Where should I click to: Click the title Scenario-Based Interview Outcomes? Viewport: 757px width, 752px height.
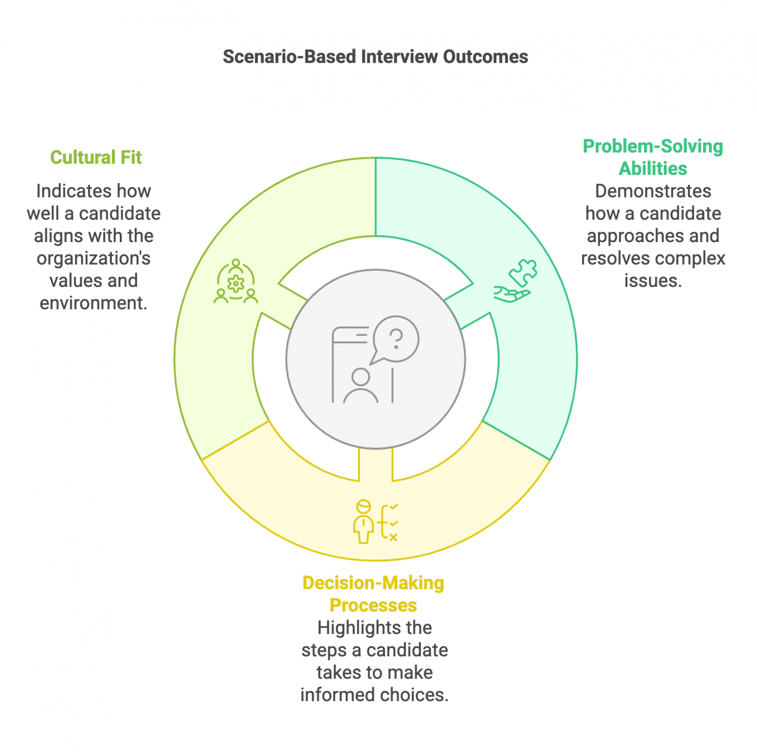coord(375,57)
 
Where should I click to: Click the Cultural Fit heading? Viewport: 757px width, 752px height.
coord(96,157)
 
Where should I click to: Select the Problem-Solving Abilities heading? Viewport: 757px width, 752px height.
coord(653,157)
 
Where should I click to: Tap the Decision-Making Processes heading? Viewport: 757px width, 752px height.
coord(373,594)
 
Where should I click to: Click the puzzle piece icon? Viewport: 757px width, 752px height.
coord(523,272)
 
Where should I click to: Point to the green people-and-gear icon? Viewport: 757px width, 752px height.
coord(236,282)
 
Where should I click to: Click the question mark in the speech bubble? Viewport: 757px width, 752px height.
coord(396,339)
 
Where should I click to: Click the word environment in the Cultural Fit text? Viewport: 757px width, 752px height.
coord(93,303)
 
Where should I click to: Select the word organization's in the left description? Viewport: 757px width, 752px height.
coord(93,258)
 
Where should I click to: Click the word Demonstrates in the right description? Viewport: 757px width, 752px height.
coord(653,191)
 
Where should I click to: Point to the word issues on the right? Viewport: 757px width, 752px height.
coord(653,281)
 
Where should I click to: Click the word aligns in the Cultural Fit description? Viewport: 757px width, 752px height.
coord(53,236)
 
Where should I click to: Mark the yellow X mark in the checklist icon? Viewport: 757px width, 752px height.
coord(393,537)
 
